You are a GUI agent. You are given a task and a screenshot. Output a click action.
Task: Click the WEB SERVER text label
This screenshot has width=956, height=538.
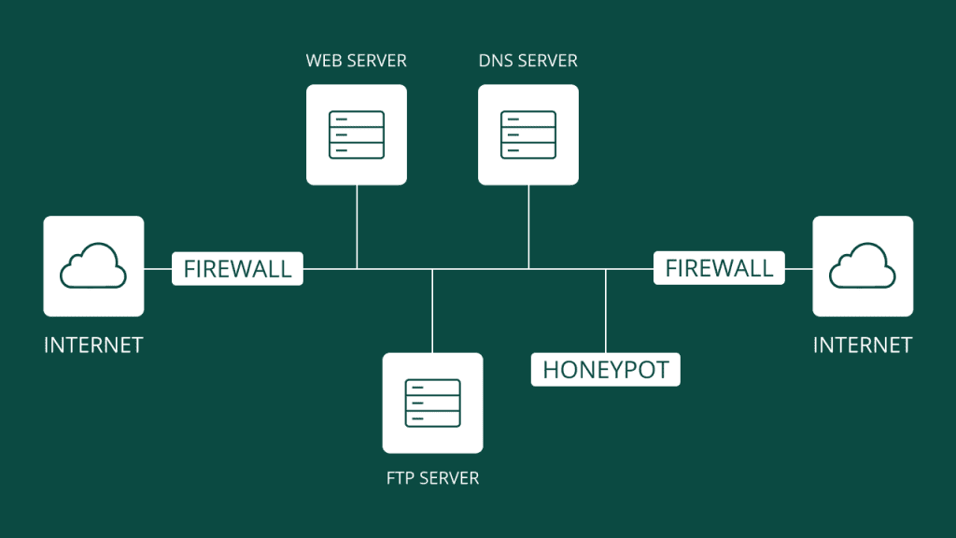pos(357,62)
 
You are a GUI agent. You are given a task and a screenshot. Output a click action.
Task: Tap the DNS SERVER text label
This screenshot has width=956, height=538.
pos(527,62)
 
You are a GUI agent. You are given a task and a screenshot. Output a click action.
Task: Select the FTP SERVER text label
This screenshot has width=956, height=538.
pos(432,478)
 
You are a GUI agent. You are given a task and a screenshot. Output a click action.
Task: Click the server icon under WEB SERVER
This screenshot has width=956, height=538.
pos(357,134)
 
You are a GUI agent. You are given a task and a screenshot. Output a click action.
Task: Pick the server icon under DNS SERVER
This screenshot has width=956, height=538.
pos(528,134)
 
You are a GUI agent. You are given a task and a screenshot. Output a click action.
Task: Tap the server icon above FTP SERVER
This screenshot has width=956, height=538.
pos(432,403)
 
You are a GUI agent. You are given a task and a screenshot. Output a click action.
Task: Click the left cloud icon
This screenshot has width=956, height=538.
pos(93,266)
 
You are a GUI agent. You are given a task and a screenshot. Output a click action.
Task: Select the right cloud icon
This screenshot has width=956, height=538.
pos(863,266)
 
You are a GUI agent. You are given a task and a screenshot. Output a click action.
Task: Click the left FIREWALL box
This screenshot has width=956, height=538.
pos(237,269)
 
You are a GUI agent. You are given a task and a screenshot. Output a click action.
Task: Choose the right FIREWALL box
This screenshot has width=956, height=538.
pos(719,269)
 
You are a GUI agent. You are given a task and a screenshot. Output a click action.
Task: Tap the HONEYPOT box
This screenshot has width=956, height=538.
pos(606,369)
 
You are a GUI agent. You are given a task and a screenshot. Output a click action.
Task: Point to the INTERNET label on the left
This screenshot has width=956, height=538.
pos(93,346)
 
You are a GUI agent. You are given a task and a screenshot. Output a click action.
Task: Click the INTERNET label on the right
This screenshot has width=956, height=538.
pos(863,346)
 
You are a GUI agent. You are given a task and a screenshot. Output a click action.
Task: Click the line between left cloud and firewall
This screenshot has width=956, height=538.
pos(158,269)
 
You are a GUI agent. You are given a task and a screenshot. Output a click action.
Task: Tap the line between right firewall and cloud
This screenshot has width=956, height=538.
pos(798,269)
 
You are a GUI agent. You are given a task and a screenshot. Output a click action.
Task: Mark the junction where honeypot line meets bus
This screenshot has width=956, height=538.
pos(606,269)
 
